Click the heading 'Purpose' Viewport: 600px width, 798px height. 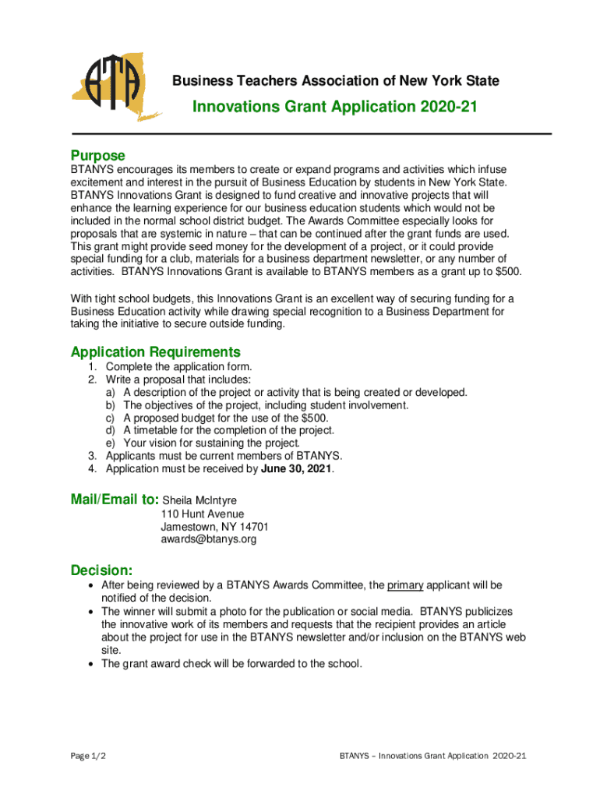tap(97, 156)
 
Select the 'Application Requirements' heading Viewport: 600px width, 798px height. tap(155, 351)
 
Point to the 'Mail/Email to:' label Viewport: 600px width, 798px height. tap(115, 500)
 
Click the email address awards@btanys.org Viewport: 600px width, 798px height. tap(208, 538)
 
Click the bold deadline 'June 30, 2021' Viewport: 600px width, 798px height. tap(296, 469)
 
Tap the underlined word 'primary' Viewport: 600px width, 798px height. tap(404, 585)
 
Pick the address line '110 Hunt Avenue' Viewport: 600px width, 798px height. tap(202, 514)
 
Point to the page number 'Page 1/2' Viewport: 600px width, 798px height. tap(87, 756)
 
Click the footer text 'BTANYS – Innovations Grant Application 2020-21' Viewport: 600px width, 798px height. tap(434, 756)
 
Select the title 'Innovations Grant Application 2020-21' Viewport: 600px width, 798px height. tap(334, 107)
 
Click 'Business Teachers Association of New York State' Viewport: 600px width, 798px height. tap(335, 81)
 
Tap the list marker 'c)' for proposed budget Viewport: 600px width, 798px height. tap(111, 418)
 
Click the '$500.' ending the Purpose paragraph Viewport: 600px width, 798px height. tap(508, 271)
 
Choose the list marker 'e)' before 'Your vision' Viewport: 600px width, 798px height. tap(111, 443)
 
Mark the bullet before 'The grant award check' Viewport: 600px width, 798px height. tap(93, 664)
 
